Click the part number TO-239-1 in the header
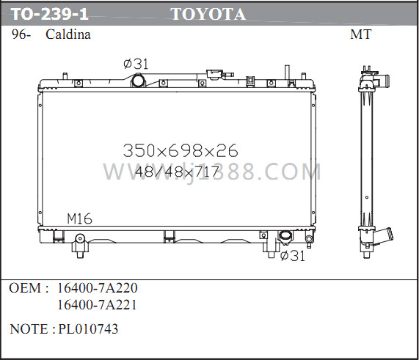[50, 14]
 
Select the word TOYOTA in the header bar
[208, 14]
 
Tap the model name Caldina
[68, 34]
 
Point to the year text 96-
[21, 34]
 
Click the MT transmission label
[361, 34]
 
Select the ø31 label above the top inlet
[136, 64]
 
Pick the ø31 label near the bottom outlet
[293, 256]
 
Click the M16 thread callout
[79, 218]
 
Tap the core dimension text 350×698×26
[181, 150]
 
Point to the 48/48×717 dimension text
[177, 172]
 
